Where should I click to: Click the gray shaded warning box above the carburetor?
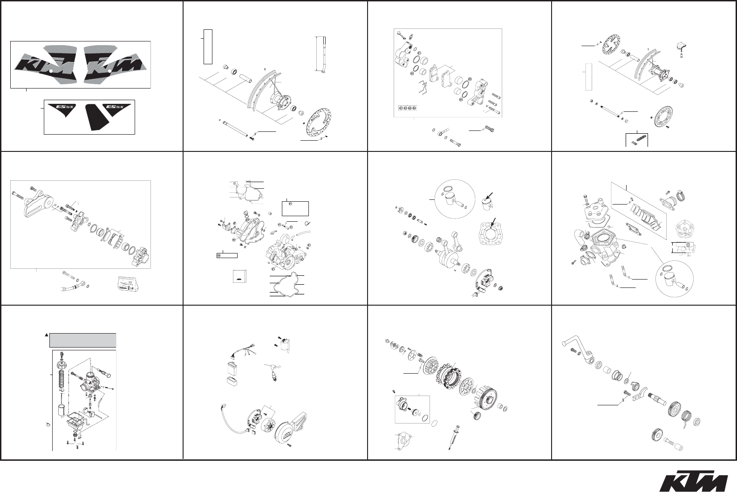click(x=82, y=340)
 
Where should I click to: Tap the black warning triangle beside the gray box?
click(x=47, y=335)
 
